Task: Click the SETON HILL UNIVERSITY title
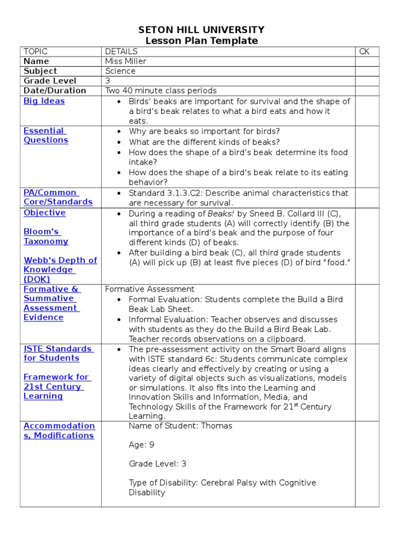pos(201,30)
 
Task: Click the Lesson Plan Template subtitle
pos(201,41)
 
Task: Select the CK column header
pos(364,51)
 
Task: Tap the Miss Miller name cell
pos(125,61)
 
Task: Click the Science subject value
pos(120,71)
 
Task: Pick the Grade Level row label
pos(50,81)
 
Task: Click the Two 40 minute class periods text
pos(161,90)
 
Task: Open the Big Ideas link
pos(44,101)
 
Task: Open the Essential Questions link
pos(46,135)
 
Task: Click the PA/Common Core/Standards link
pos(58,197)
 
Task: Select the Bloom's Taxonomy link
pos(46,237)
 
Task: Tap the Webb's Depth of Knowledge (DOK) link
pos(60,270)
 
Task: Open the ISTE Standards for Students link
pos(58,353)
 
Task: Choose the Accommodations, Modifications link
pos(59,431)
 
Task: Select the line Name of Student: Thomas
pos(180,426)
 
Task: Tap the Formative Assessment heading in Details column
pos(150,289)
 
